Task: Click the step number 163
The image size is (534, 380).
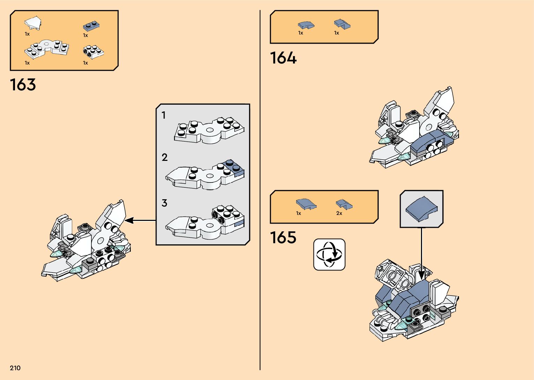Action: click(x=23, y=85)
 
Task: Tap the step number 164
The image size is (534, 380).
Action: click(x=283, y=58)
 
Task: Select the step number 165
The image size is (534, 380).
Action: click(x=283, y=238)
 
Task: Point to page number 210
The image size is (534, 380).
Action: click(x=15, y=368)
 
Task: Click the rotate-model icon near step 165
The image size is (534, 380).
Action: click(x=329, y=254)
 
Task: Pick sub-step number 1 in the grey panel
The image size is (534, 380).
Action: click(x=164, y=115)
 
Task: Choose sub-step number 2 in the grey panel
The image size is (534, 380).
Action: click(x=165, y=157)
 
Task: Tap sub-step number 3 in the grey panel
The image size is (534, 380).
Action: click(x=164, y=203)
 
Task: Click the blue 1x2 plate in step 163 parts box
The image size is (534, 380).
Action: click(x=91, y=26)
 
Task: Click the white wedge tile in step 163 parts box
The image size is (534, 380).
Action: click(x=33, y=23)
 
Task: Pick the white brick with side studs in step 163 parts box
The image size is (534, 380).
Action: click(x=93, y=52)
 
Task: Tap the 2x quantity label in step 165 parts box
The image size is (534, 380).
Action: click(x=339, y=213)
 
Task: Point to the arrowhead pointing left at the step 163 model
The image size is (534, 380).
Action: click(x=129, y=221)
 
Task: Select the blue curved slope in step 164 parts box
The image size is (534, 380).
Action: click(x=306, y=25)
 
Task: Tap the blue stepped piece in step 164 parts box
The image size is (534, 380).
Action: click(x=342, y=24)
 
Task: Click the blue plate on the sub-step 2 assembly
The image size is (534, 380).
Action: click(x=234, y=167)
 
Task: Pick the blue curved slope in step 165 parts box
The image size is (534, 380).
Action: click(x=306, y=204)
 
